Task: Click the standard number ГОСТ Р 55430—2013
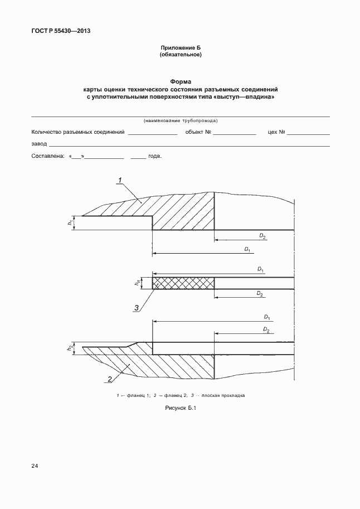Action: (60, 31)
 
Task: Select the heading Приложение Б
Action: (180, 48)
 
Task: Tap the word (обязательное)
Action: (180, 55)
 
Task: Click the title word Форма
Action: (180, 82)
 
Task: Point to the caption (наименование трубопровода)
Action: (180, 120)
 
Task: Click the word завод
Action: (39, 144)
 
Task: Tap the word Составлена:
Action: (48, 157)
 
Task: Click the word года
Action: (154, 157)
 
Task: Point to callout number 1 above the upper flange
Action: (120, 179)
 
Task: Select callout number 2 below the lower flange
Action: (110, 379)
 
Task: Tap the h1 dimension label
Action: (70, 223)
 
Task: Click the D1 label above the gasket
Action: (260, 270)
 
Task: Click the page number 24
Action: (35, 465)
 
